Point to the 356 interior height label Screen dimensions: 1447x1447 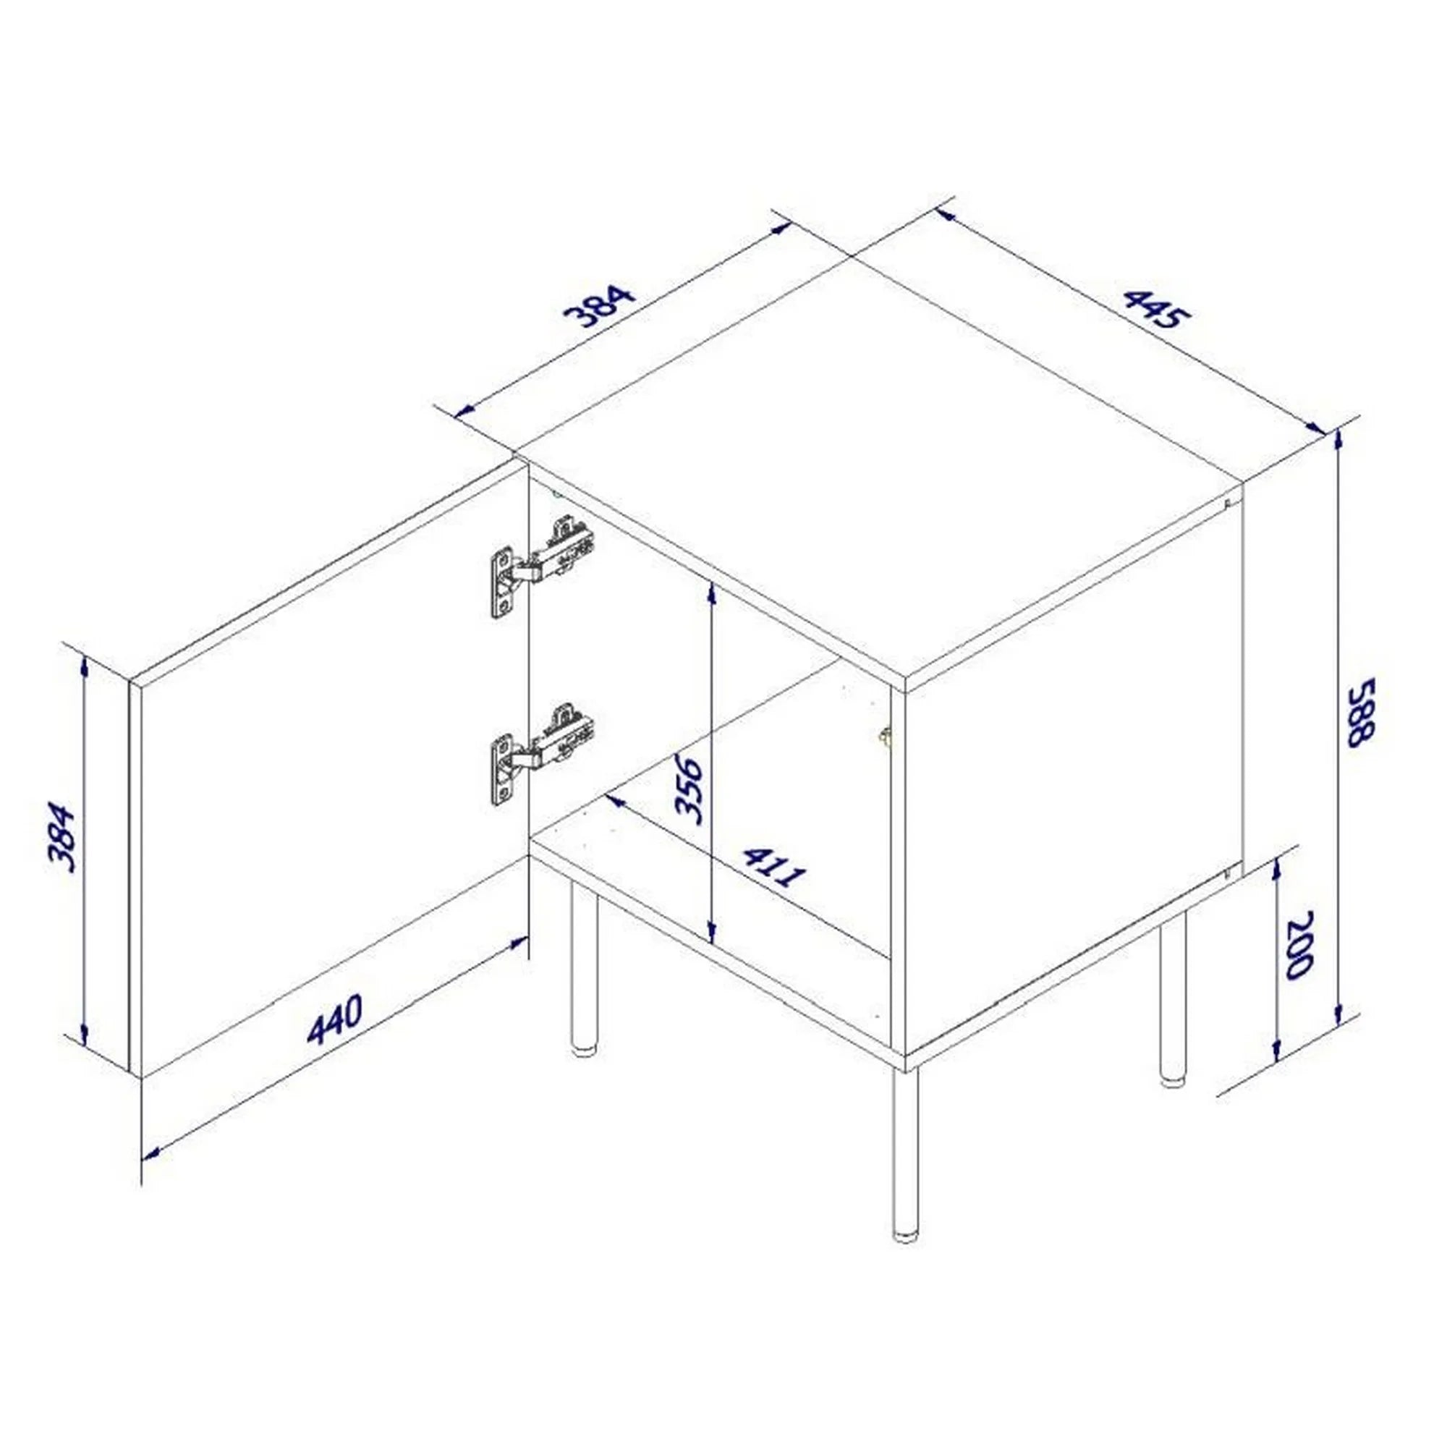[x=688, y=790]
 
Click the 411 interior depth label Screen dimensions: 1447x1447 [x=775, y=867]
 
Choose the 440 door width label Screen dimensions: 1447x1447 [x=335, y=1019]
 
